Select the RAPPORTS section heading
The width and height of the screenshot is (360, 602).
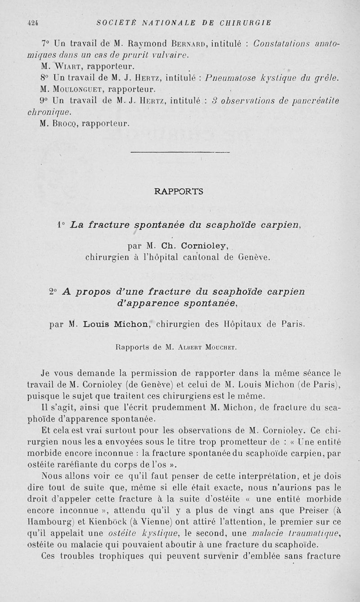(x=179, y=191)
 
